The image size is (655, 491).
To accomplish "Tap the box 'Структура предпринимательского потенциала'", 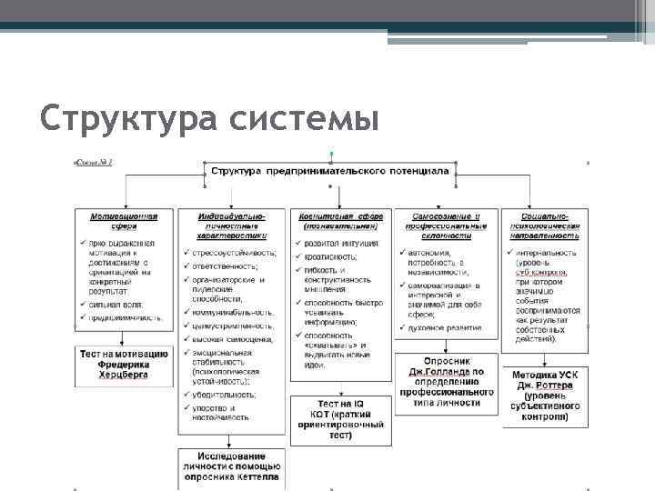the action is point(329,170).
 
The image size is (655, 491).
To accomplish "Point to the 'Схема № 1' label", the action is point(92,162).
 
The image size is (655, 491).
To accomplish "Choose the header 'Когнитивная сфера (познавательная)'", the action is point(342,223).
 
